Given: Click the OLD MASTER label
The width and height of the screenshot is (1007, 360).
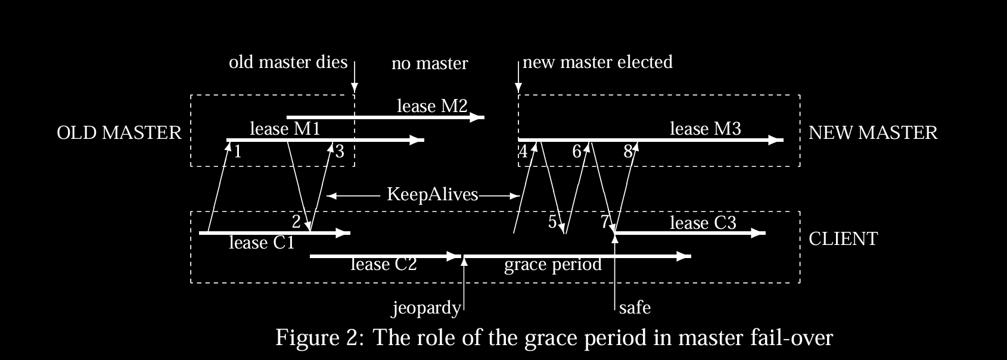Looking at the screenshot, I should [119, 132].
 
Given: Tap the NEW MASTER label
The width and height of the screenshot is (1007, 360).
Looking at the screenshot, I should [873, 132].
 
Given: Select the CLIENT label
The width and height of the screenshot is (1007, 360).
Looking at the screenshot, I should [843, 239].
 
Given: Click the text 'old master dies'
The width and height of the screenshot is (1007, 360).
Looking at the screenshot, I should [288, 62].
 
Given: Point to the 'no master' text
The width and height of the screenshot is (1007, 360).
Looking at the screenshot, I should [430, 63].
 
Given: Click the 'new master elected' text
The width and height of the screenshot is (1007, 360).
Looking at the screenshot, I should [598, 62].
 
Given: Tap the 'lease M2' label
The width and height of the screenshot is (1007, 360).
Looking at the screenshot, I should [432, 106].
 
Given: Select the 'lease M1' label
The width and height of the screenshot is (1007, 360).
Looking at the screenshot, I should [285, 128].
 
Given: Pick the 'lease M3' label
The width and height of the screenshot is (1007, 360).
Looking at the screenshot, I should [705, 128].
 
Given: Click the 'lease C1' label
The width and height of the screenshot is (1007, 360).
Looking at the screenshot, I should [262, 243].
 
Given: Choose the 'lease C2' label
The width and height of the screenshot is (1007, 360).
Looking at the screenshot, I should [384, 264].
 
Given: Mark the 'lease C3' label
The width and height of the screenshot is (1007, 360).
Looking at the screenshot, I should [703, 223].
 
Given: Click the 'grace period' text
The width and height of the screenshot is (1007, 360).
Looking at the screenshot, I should [553, 264].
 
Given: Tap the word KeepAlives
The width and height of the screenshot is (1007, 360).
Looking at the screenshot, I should [433, 194].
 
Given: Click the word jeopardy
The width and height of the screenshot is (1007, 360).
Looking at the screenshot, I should [426, 308].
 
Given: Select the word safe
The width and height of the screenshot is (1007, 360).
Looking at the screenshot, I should [635, 308].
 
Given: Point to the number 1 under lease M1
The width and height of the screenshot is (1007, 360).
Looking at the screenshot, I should [237, 151].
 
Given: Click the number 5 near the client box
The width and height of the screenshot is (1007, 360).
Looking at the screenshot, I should [552, 222].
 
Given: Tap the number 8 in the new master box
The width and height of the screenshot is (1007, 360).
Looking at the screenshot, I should [627, 151].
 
